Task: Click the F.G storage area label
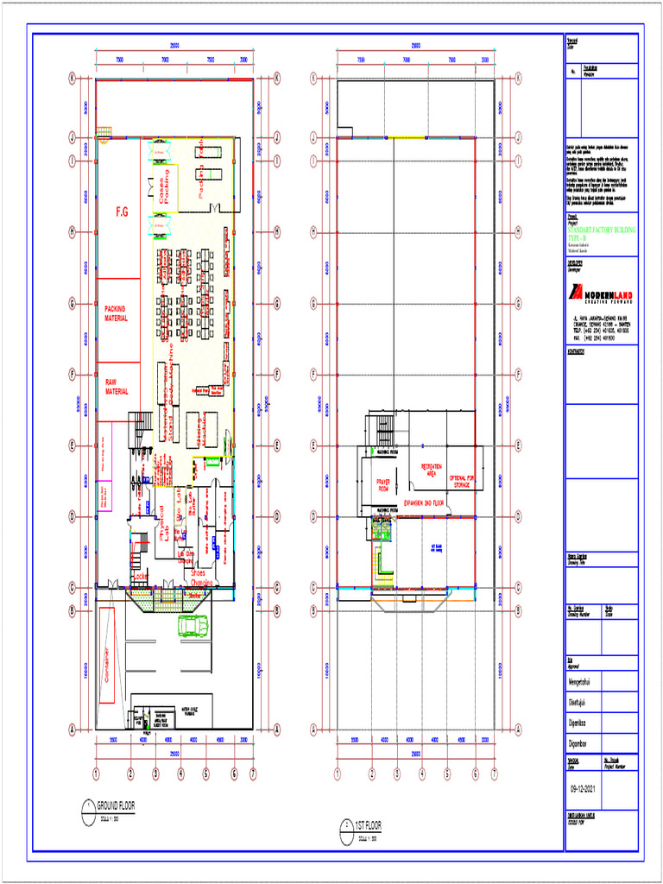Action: click(x=122, y=212)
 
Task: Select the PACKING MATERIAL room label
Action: click(x=117, y=313)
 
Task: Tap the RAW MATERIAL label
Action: click(x=117, y=387)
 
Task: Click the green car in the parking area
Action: click(x=193, y=624)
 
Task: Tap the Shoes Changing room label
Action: click(x=198, y=578)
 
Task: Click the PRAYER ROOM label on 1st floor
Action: click(x=383, y=486)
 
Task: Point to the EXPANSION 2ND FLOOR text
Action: click(x=424, y=502)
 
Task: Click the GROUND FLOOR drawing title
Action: click(x=116, y=804)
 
